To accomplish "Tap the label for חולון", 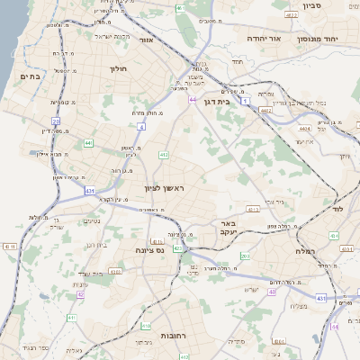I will pos(119,68).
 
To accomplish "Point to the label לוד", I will pos(338,209).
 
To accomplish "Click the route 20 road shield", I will pos(56,121).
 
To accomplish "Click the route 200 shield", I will pos(246,256).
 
